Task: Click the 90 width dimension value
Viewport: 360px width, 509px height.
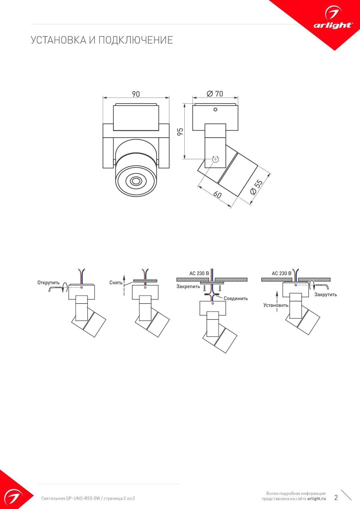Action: pyautogui.click(x=136, y=94)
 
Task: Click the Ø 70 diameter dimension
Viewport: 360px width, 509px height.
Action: pyautogui.click(x=215, y=94)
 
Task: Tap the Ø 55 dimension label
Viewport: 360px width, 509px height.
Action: pyautogui.click(x=256, y=187)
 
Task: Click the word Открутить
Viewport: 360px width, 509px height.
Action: pyautogui.click(x=48, y=283)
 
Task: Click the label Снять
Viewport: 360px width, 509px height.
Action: pyautogui.click(x=116, y=283)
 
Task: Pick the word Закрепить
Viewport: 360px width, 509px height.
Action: pyautogui.click(x=188, y=287)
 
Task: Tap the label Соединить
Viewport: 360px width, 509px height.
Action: pyautogui.click(x=236, y=298)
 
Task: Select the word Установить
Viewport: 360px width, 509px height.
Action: pyautogui.click(x=276, y=305)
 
